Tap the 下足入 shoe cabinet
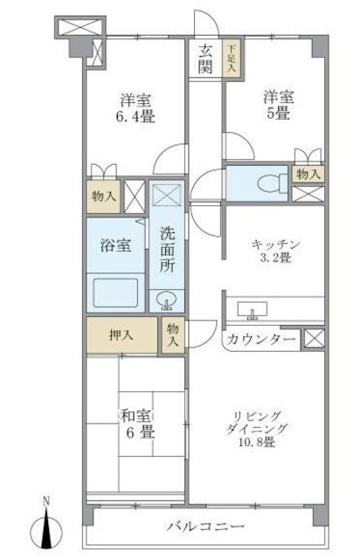(x=232, y=59)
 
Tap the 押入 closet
(x=121, y=335)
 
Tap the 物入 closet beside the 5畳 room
(x=308, y=174)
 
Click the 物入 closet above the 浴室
(x=102, y=197)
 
